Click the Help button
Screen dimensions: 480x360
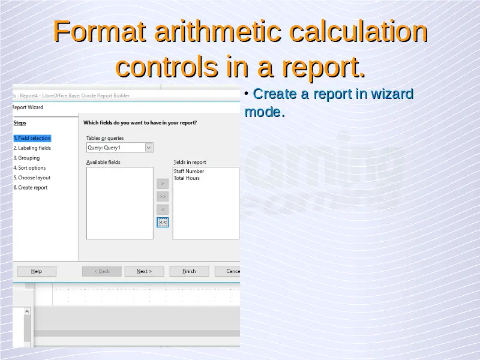[37, 271]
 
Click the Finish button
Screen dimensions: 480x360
[189, 271]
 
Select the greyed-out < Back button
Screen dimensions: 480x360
[102, 271]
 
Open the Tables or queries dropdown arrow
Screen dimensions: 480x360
[148, 148]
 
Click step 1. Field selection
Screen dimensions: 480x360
[32, 139]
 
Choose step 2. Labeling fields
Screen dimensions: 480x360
[32, 148]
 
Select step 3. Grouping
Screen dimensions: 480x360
[26, 158]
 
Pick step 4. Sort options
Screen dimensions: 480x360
[29, 168]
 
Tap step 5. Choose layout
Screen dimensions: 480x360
[32, 178]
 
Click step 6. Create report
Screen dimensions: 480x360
[31, 188]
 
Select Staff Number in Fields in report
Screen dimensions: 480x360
[189, 171]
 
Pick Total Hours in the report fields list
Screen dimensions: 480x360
[187, 178]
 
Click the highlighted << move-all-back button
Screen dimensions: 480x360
[163, 222]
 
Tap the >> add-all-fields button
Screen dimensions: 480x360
[163, 197]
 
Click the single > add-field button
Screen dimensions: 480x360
[163, 184]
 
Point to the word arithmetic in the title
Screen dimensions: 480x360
[218, 31]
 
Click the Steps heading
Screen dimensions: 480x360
[20, 123]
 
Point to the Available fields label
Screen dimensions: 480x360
[103, 162]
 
